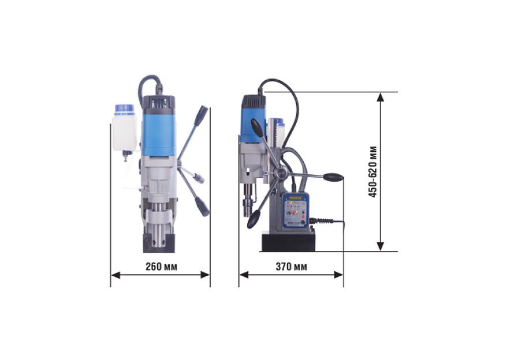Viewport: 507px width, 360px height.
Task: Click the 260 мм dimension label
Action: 161,267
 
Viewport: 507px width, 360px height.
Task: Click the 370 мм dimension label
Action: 292,267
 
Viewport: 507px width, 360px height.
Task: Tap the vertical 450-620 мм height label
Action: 373,171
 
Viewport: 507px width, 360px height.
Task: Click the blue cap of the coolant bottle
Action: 124,110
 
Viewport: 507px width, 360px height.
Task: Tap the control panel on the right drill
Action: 296,211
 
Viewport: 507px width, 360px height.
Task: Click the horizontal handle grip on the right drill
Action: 333,177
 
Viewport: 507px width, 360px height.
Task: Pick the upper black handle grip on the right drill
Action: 258,127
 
